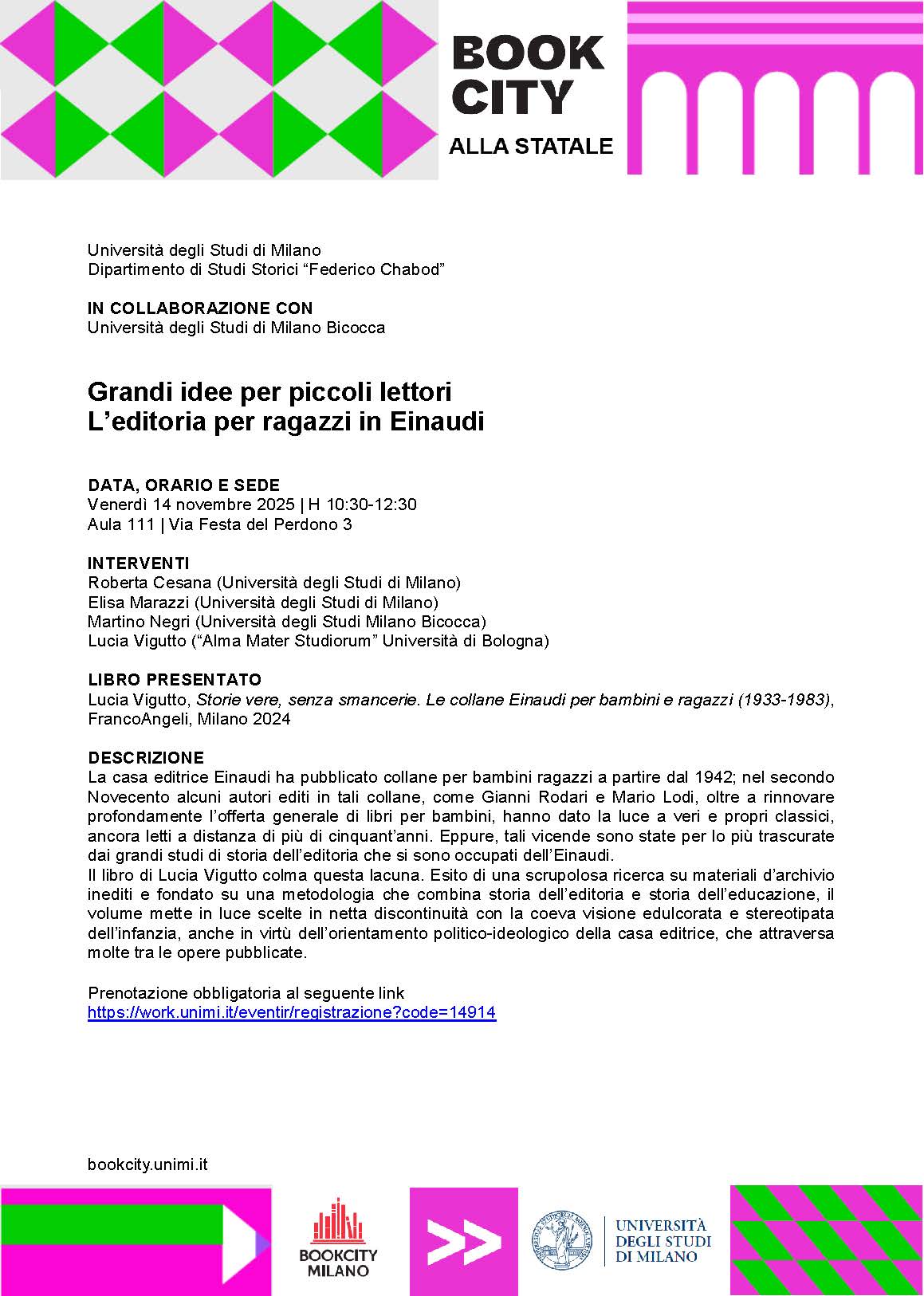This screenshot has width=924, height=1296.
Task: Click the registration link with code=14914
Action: pos(292,1013)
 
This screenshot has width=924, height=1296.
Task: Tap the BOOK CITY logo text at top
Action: pos(527,75)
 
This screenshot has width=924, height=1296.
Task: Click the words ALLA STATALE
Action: pos(531,147)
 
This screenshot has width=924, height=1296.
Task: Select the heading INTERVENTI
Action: pos(139,563)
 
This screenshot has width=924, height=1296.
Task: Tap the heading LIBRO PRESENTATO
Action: pos(175,680)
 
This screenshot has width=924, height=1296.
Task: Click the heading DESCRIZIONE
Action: pos(146,757)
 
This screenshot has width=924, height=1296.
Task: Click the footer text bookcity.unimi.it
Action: pos(147,1164)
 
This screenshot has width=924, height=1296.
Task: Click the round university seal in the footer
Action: pos(562,1241)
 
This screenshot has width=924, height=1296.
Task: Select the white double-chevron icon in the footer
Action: pos(463,1241)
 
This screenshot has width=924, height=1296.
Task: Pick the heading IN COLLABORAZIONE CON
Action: pos(200,308)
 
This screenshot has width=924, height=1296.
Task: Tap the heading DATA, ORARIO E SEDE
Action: pos(184,485)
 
